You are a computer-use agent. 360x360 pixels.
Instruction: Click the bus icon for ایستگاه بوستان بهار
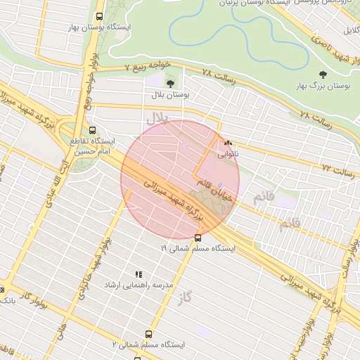(98, 15)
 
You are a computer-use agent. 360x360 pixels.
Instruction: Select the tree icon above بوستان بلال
(170, 83)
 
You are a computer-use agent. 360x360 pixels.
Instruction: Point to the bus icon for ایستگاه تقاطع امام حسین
(92, 129)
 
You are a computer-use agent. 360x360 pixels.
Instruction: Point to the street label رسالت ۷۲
(335, 169)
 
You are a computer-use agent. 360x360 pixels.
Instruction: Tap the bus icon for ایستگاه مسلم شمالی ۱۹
(197, 237)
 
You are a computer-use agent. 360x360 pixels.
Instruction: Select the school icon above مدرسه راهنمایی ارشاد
(139, 274)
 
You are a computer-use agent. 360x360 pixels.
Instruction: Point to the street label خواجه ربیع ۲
(148, 65)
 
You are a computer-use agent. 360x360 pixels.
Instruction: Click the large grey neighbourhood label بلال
(155, 120)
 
